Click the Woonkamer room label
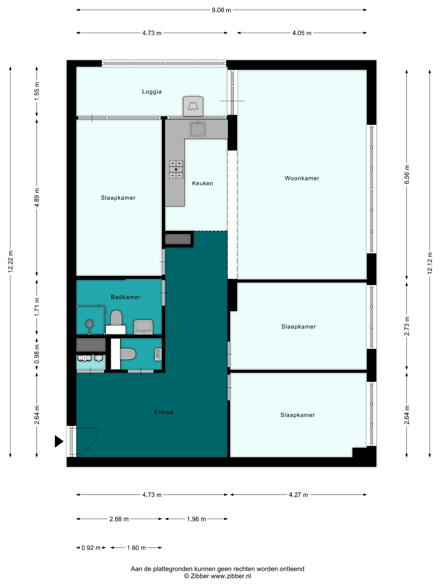coord(302,178)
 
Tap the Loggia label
coord(152,92)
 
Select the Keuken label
coord(202,183)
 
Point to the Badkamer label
coord(126,297)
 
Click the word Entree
coord(164,412)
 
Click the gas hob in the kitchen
coord(176,169)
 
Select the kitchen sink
coord(198,129)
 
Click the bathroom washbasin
coord(143,327)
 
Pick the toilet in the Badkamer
coord(116,318)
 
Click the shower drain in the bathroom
coord(90,324)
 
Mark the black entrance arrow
coord(59,441)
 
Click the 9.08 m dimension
coord(221,10)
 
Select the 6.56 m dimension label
coord(407,174)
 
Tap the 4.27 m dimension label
coord(298,495)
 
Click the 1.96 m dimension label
coord(196,519)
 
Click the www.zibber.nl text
coord(231,576)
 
